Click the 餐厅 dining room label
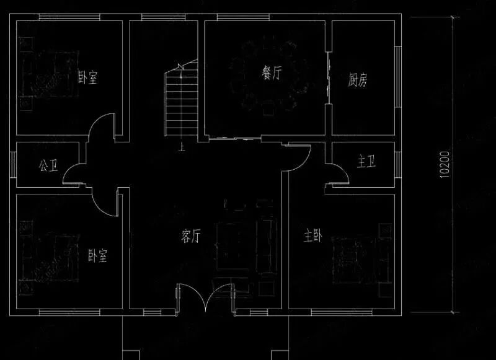[272, 74]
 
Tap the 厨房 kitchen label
[358, 80]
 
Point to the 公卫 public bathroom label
[48, 165]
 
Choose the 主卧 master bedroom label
[312, 236]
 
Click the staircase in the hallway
[180, 102]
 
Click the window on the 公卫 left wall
[13, 164]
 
